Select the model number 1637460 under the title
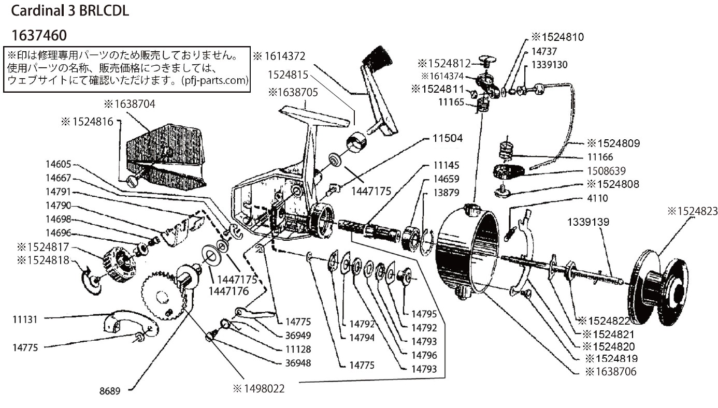tap(38, 35)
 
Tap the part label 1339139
tap(587, 222)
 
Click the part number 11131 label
tap(25, 319)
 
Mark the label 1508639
tap(607, 170)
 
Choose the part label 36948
tap(298, 363)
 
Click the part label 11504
tap(447, 139)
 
